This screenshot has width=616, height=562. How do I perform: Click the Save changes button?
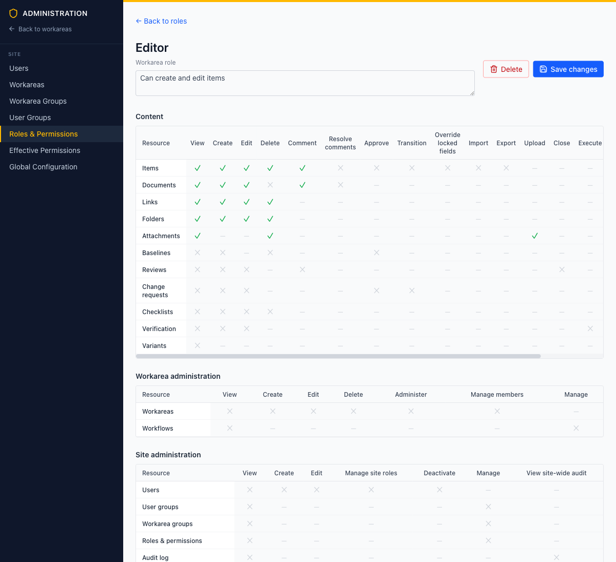click(x=568, y=69)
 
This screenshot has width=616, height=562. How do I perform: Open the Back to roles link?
click(x=161, y=21)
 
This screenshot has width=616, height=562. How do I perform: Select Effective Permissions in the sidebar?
click(x=45, y=150)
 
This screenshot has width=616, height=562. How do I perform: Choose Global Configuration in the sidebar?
click(x=43, y=167)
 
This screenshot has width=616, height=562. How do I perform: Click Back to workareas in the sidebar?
click(x=40, y=29)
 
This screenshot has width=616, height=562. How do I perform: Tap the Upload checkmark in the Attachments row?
click(x=534, y=236)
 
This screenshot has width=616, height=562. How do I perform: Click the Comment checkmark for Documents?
click(x=302, y=185)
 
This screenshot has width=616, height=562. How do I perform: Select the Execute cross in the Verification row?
click(x=590, y=328)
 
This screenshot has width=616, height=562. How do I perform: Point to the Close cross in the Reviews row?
click(x=562, y=269)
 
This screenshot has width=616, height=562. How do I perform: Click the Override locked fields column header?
click(x=448, y=143)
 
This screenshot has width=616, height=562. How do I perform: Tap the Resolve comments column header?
click(x=340, y=143)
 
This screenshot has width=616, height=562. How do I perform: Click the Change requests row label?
click(x=155, y=290)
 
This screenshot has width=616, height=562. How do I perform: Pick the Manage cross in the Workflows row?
click(x=576, y=428)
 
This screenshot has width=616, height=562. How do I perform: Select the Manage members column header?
click(x=497, y=394)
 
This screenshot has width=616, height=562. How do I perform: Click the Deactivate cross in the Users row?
click(x=439, y=490)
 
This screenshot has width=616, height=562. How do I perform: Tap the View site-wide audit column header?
click(x=556, y=473)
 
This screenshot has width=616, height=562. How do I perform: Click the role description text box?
click(x=305, y=83)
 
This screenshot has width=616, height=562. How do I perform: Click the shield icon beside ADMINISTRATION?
click(x=13, y=13)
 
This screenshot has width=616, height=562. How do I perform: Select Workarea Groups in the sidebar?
click(x=38, y=101)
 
